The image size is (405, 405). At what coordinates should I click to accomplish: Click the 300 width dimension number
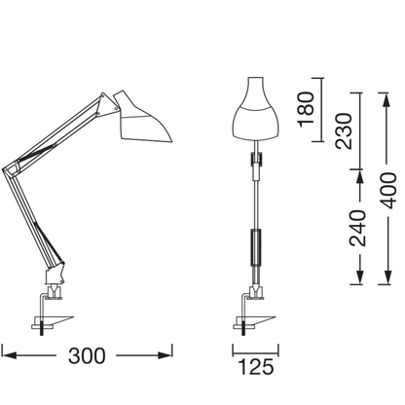click(88, 355)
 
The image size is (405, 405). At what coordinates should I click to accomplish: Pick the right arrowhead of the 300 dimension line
click(170, 347)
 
